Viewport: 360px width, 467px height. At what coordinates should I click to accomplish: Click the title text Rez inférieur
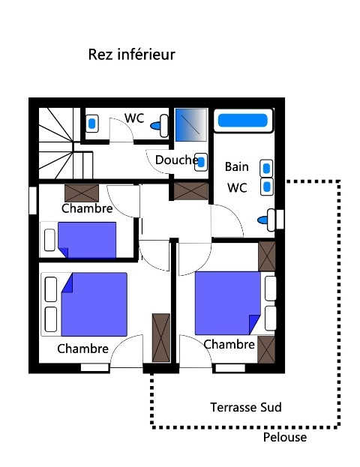pos(131,55)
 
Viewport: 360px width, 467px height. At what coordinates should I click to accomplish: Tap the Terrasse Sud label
pos(245,407)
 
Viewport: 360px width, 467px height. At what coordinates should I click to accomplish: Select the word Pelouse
pos(285,437)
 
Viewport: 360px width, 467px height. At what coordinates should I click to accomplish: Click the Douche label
pos(176,160)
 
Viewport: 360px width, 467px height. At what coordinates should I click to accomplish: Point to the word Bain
pos(237,167)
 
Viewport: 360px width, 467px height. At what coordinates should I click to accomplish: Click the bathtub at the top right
pos(241,120)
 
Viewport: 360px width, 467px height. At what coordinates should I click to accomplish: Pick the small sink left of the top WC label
pos(92,122)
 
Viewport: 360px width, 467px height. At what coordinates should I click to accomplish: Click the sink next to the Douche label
pos(201,160)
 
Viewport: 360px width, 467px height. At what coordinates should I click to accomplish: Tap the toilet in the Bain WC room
pos(267,220)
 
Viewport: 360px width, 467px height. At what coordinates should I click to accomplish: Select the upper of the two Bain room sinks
pos(266,168)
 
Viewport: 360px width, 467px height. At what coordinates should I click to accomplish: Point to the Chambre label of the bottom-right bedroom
pos(229,344)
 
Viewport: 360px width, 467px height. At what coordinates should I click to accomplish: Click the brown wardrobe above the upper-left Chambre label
pos(81,192)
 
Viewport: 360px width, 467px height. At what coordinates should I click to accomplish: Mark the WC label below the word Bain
pos(237,187)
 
